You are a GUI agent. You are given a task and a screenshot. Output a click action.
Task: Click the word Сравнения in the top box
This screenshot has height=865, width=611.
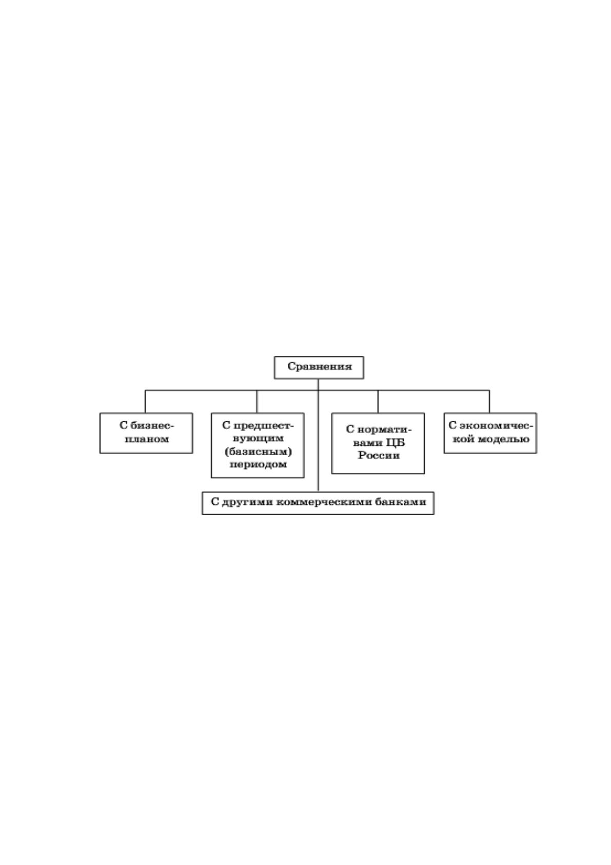click(x=320, y=366)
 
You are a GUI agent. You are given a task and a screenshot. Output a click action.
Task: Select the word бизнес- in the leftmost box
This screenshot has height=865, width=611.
click(x=152, y=425)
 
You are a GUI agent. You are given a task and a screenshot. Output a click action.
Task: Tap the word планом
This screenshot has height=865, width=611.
click(x=147, y=439)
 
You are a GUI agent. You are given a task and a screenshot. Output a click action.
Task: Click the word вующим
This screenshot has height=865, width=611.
click(x=258, y=439)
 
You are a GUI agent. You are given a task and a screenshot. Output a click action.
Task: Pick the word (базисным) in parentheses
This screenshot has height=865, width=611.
click(x=258, y=452)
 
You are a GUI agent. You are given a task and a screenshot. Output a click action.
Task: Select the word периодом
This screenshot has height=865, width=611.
click(x=258, y=464)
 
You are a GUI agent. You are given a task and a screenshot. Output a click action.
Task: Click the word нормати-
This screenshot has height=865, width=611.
click(x=385, y=429)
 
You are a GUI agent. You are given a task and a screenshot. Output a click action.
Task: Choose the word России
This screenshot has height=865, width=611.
click(x=379, y=455)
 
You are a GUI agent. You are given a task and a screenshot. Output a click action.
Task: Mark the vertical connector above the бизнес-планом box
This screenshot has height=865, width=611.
click(x=145, y=402)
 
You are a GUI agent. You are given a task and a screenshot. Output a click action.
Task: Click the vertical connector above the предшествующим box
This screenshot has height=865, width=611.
click(x=257, y=402)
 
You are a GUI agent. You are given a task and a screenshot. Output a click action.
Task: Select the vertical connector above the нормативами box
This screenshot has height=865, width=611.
click(x=378, y=402)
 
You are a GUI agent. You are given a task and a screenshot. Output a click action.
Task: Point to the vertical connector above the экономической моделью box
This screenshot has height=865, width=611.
click(x=489, y=402)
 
